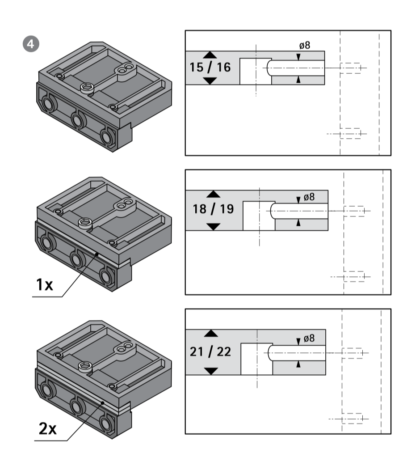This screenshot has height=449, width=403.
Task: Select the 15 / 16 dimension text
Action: (210, 68)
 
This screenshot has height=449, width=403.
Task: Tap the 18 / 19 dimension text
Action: (214, 209)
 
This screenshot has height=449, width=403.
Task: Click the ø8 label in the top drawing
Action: (305, 46)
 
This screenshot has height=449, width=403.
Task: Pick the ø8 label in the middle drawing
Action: (309, 196)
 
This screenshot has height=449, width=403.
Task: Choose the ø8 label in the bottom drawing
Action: (308, 339)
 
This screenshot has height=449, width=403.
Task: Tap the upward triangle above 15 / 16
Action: (210, 55)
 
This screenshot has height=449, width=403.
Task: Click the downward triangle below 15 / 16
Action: (210, 81)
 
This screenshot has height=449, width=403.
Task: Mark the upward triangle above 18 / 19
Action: (214, 194)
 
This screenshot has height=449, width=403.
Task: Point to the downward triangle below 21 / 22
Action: (210, 371)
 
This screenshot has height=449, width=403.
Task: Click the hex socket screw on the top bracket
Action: (88, 87)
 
